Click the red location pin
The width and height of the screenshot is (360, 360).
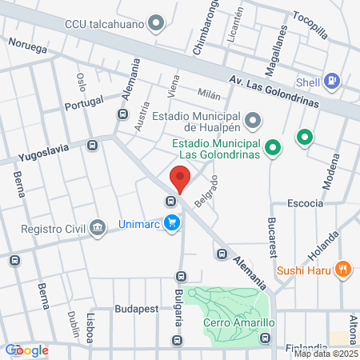pos(180,178)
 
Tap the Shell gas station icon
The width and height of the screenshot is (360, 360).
pos(333,81)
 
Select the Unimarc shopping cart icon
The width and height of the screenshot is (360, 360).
pos(171,223)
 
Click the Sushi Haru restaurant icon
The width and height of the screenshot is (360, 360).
pos(343,269)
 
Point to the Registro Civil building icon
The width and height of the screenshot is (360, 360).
pos(98,226)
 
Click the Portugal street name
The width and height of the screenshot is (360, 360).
pos(83,102)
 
